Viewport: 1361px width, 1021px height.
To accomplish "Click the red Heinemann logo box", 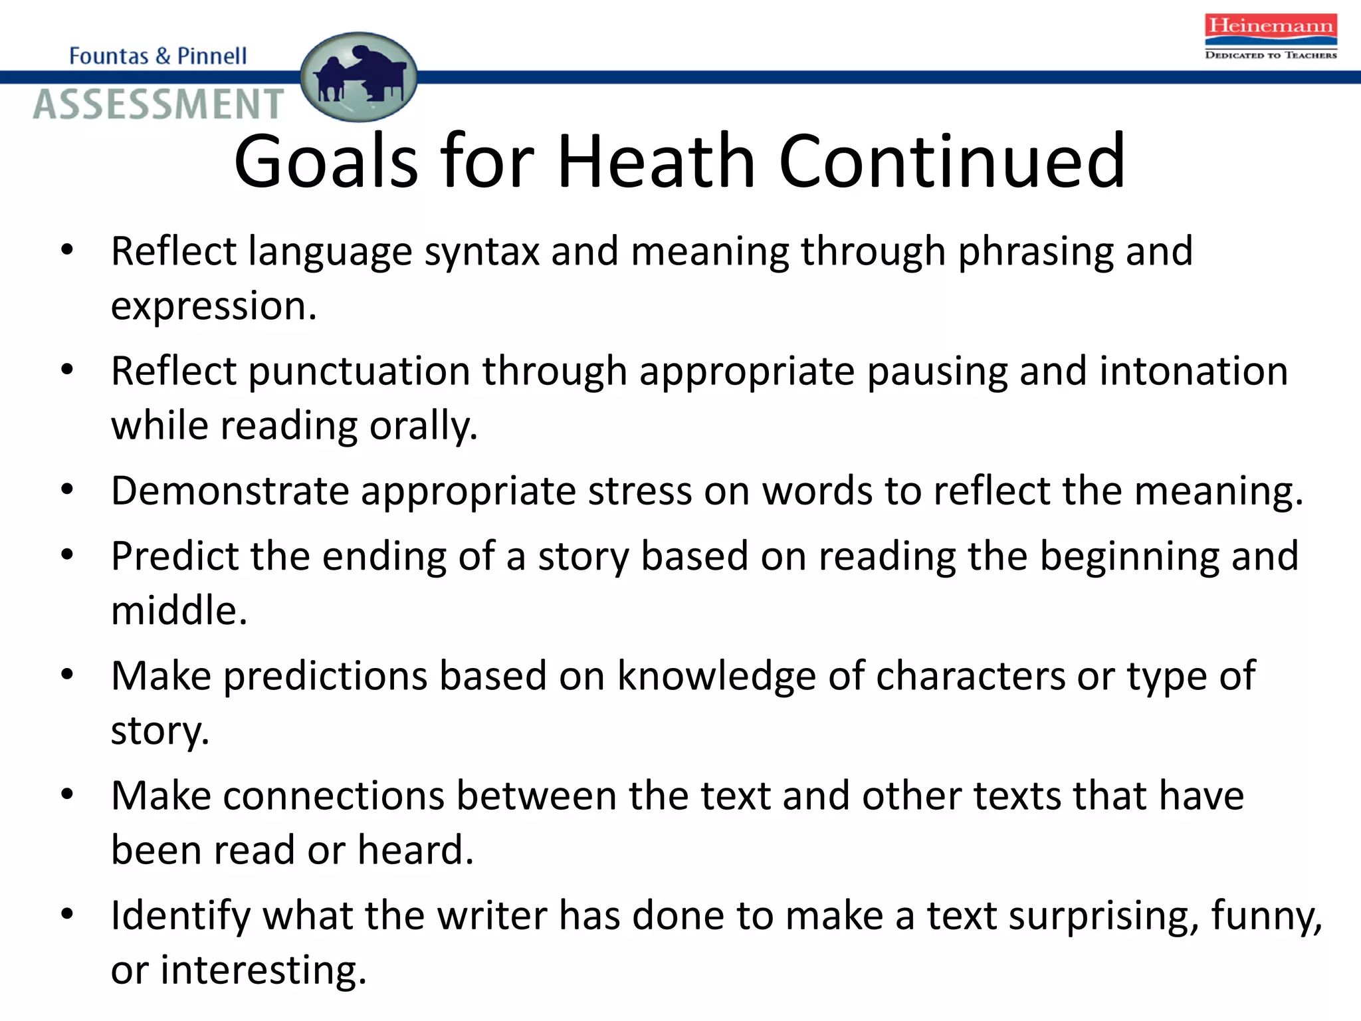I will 1271,27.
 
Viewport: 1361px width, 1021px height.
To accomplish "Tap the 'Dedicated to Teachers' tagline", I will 1271,55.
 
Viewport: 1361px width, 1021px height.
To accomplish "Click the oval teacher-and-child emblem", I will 359,77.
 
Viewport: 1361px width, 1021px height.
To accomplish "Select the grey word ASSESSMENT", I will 158,104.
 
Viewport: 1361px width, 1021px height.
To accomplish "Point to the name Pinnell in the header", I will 212,56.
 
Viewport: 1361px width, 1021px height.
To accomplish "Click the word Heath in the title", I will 657,162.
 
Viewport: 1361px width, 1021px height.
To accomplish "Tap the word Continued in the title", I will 952,162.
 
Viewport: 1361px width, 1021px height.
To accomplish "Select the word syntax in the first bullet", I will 482,253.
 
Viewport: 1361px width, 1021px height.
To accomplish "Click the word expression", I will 213,307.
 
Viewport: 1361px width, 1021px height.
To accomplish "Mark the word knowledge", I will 716,677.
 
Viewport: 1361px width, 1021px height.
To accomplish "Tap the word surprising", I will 1104,916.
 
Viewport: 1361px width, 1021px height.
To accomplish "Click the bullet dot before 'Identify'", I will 66,914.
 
